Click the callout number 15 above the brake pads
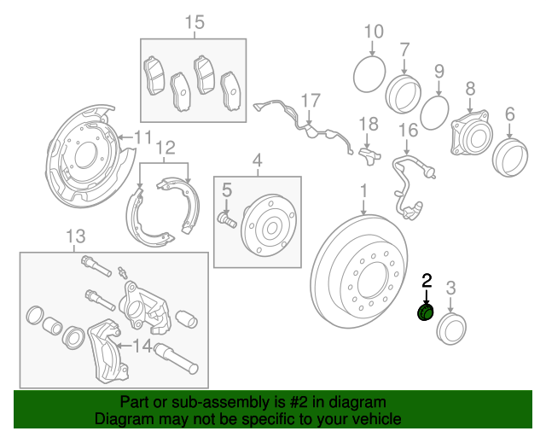tap(195, 22)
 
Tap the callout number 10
tap(374, 32)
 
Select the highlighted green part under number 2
tap(425, 313)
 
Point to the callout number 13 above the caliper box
tap(76, 235)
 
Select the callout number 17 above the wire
tap(309, 99)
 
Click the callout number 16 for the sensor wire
tap(409, 130)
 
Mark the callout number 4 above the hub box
tap(256, 159)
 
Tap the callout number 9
tap(439, 71)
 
